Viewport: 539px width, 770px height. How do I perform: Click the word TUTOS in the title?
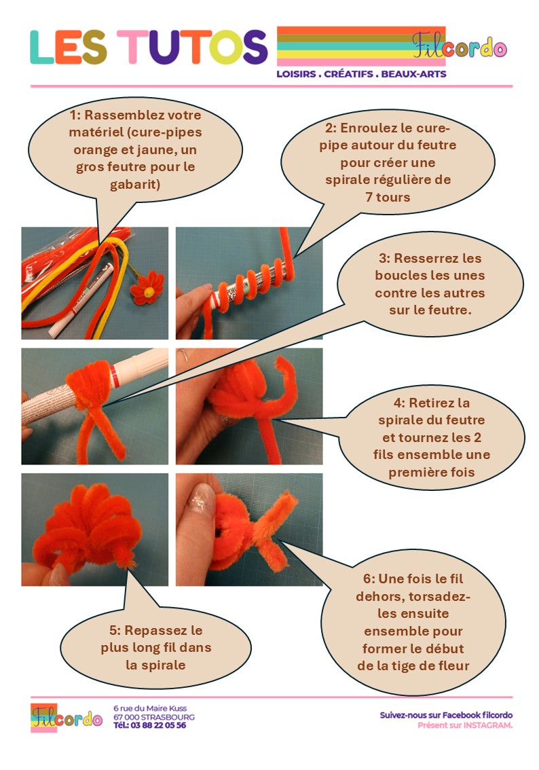(x=191, y=47)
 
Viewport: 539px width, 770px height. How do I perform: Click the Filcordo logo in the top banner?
(x=459, y=45)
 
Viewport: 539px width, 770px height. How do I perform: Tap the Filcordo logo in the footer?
(x=67, y=718)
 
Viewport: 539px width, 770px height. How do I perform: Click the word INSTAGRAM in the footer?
(x=488, y=725)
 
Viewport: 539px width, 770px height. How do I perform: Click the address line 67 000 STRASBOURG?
(x=154, y=717)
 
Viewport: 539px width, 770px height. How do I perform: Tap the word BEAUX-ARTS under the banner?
(x=413, y=74)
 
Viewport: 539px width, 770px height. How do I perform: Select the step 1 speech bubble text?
(x=136, y=150)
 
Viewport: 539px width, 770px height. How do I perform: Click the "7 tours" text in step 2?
(x=388, y=198)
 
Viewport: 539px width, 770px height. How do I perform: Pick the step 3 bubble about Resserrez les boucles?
(x=430, y=284)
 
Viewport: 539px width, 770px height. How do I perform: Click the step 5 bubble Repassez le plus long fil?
(x=156, y=648)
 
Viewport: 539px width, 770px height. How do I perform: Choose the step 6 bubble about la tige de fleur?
(x=413, y=622)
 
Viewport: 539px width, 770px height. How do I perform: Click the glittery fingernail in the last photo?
(x=201, y=498)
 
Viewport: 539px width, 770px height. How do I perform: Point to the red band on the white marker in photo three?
(x=114, y=378)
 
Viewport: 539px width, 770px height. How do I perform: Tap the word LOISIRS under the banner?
(x=296, y=74)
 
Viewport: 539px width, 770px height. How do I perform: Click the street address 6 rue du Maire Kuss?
(x=150, y=708)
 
